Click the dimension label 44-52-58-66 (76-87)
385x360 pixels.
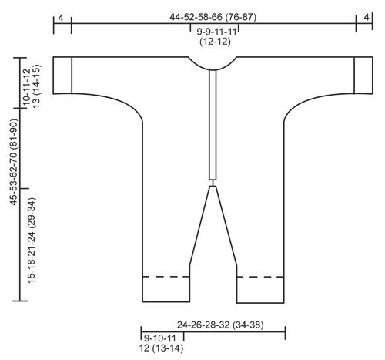point(213,17)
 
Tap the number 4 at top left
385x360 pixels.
point(61,18)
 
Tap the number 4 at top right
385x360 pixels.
point(367,17)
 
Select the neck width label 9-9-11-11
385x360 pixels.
point(216,32)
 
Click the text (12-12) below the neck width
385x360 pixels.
point(215,42)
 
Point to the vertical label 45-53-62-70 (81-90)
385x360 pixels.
point(14,162)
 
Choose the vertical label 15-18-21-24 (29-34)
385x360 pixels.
point(32,241)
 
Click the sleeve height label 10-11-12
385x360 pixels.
point(27,86)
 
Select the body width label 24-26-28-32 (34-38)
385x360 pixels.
point(220,325)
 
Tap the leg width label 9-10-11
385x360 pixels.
point(159,338)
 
